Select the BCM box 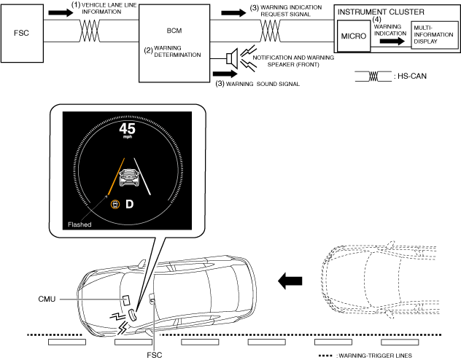pos(173,44)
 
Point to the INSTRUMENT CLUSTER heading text pos(380,12)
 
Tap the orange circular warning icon pos(114,203)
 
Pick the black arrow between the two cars pos(290,278)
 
